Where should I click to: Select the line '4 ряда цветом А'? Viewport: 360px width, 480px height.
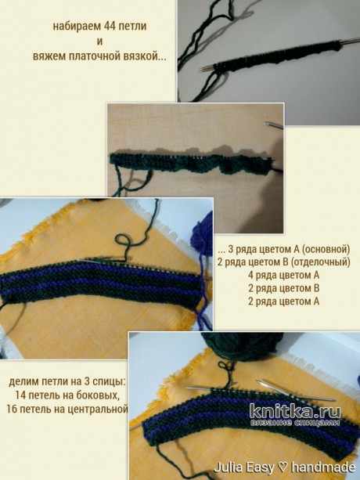[283, 275]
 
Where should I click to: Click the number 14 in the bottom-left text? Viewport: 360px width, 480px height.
[21, 395]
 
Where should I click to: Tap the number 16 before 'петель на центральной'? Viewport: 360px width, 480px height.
[12, 409]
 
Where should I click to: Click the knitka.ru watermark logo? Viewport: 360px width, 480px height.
[295, 414]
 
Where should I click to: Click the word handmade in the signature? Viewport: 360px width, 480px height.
[323, 467]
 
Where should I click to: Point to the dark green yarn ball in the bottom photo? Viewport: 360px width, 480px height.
[243, 347]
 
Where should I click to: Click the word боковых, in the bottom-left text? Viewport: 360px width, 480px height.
[97, 395]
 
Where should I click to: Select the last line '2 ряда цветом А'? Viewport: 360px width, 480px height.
[283, 301]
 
